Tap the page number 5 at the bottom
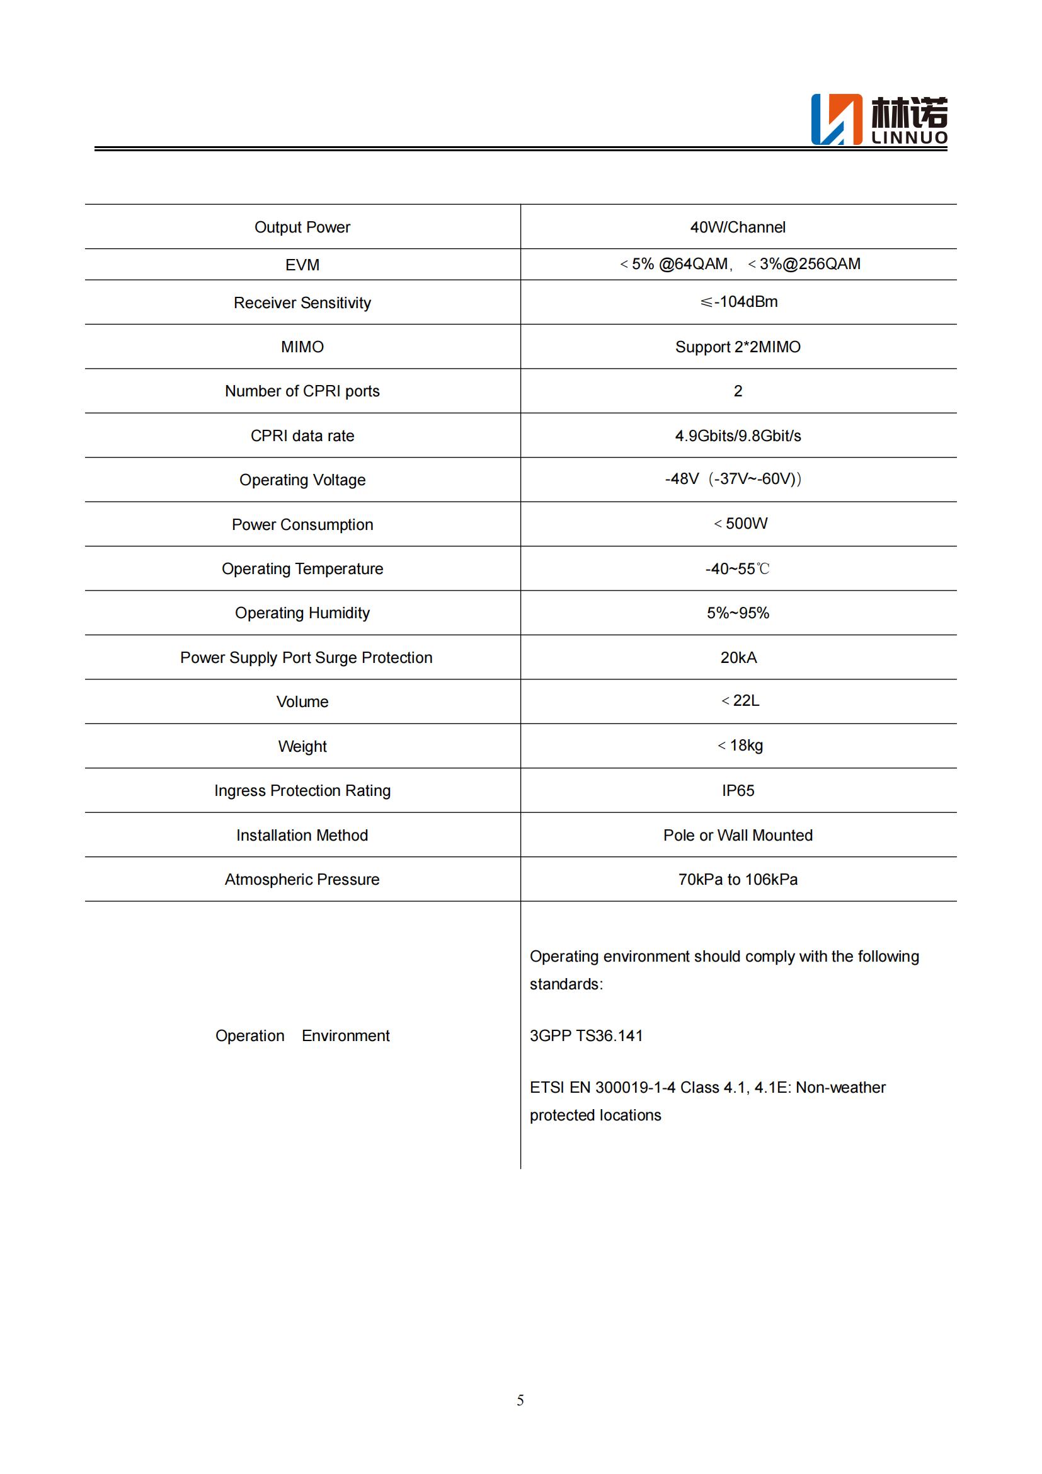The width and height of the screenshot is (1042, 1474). pyautogui.click(x=520, y=1400)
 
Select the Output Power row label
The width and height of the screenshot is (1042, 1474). pyautogui.click(x=302, y=227)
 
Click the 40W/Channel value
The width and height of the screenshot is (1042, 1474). pyautogui.click(x=738, y=227)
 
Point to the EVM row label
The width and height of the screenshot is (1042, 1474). pyautogui.click(x=302, y=265)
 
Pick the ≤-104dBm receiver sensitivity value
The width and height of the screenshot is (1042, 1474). pyautogui.click(x=738, y=302)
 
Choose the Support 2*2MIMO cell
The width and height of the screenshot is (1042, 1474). pyautogui.click(x=738, y=347)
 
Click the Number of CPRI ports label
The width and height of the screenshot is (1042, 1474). pyautogui.click(x=302, y=391)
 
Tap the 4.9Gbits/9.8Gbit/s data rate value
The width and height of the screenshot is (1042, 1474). pyautogui.click(x=738, y=436)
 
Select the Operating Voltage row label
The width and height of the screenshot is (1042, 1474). pyautogui.click(x=302, y=480)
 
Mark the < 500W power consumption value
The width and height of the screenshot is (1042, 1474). pyautogui.click(x=740, y=524)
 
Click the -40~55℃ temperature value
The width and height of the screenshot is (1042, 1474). pyautogui.click(x=737, y=569)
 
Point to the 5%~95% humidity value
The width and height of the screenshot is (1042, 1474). pyautogui.click(x=738, y=613)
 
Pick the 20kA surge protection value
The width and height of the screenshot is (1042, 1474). pyautogui.click(x=738, y=657)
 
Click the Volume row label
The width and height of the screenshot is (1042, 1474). pyautogui.click(x=302, y=701)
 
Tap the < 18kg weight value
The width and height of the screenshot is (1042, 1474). pyautogui.click(x=740, y=746)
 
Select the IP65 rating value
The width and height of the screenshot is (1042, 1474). pyautogui.click(x=738, y=790)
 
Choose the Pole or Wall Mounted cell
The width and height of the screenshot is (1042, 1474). pyautogui.click(x=738, y=835)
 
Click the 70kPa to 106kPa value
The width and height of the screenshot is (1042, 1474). pyautogui.click(x=738, y=880)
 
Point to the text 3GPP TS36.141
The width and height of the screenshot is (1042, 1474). pyautogui.click(x=586, y=1035)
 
